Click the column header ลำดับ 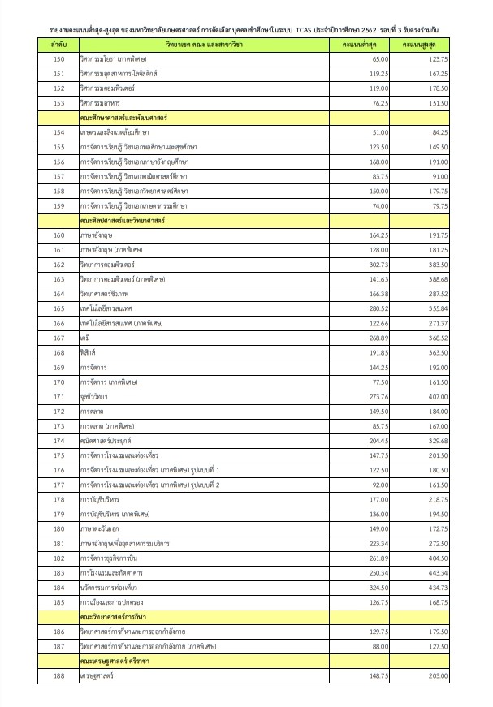click(58, 46)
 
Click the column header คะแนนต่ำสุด click(361, 46)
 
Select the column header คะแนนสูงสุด click(422, 46)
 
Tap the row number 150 click(58, 60)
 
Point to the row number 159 click(58, 206)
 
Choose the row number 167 click(58, 338)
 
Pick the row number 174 click(58, 440)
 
